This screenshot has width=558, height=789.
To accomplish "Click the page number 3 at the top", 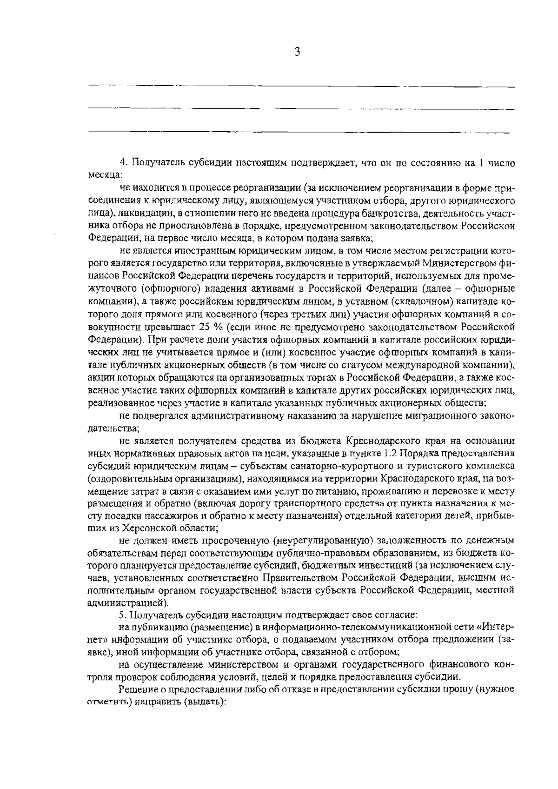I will pos(298,52).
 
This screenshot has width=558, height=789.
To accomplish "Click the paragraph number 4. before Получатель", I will pos(123,163).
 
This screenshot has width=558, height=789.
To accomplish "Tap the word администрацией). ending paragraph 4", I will pos(128,603).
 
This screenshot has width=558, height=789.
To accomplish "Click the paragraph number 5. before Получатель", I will pos(123,615).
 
